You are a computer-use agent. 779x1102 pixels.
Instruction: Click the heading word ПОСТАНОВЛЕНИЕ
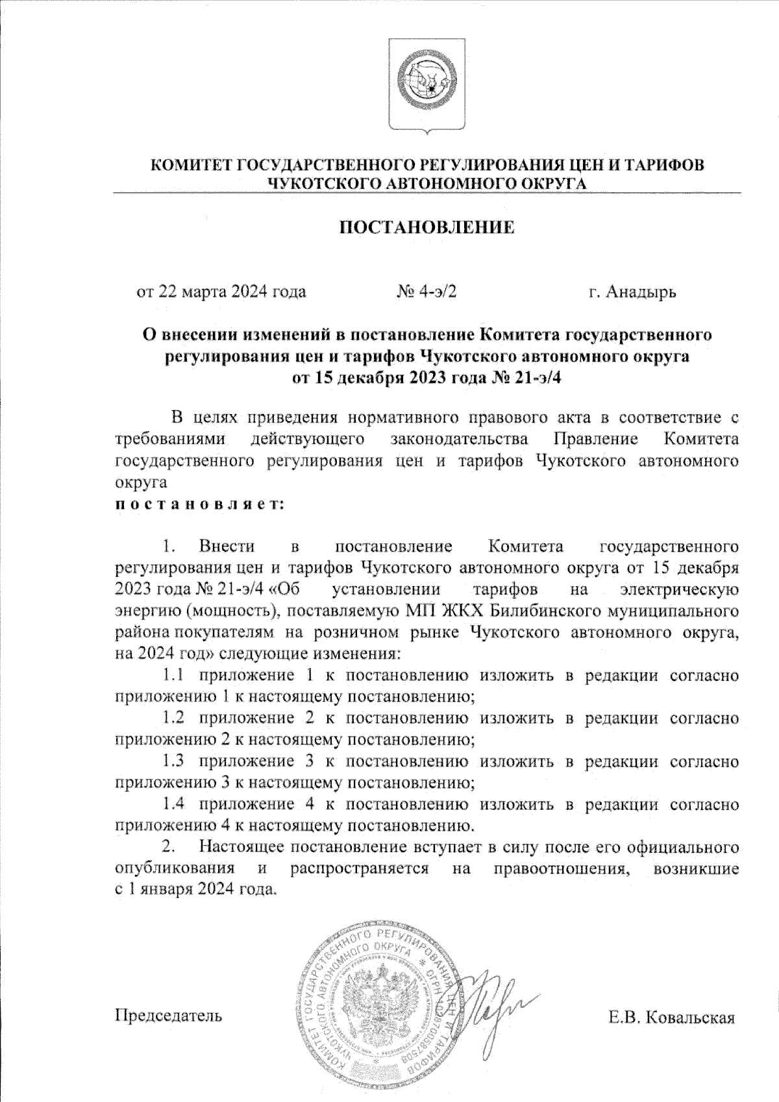pos(428,228)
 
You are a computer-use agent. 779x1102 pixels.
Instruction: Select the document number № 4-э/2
pos(426,291)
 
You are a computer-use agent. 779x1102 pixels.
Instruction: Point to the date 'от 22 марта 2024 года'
pos(221,291)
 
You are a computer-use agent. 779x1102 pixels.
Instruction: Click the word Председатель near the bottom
pos(168,1014)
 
